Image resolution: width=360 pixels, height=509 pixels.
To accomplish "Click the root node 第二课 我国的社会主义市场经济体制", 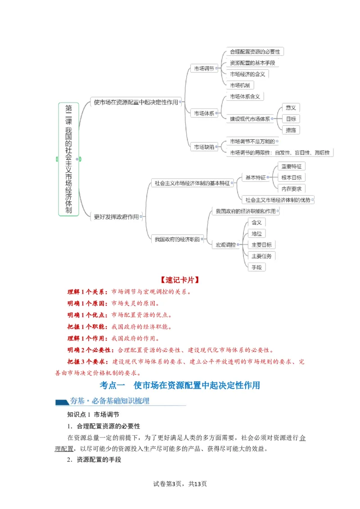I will tap(68, 159).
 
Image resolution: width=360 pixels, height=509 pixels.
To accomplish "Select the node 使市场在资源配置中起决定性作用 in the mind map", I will tap(136, 102).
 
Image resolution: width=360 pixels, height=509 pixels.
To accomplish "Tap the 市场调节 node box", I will tap(203, 68).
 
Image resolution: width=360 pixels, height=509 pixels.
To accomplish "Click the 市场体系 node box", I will tap(204, 113).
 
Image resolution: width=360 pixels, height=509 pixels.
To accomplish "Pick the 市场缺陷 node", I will tap(204, 147).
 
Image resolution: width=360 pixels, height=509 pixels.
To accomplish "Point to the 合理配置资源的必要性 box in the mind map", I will tap(255, 52).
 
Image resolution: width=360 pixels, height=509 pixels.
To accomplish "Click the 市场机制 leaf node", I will tap(241, 85).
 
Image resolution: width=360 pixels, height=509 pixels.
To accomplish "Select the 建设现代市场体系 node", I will tap(250, 119).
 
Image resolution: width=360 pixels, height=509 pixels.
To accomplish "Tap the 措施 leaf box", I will tap(291, 130).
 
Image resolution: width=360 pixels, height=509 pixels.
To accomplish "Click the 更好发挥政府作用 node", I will tap(116, 217).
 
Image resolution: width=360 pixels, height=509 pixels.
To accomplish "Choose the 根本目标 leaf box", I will tap(291, 177).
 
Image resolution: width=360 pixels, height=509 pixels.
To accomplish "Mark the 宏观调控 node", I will tap(225, 245).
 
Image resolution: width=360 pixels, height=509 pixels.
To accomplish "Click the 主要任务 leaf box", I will tap(261, 256).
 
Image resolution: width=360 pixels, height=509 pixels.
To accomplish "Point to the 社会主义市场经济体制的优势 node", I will tap(277, 200).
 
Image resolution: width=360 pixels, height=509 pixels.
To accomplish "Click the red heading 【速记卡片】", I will tap(180, 280).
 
